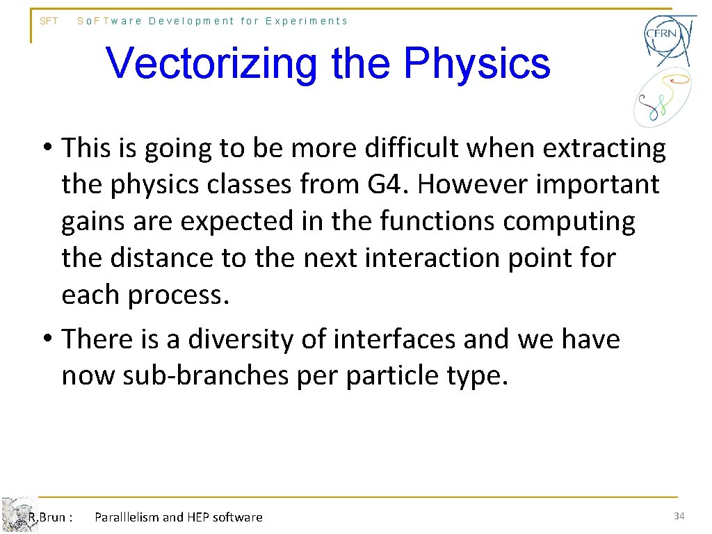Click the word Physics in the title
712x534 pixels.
point(476,64)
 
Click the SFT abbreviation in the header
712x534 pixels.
point(49,21)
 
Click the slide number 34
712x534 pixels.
point(679,516)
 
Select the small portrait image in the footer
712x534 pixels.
point(17,515)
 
